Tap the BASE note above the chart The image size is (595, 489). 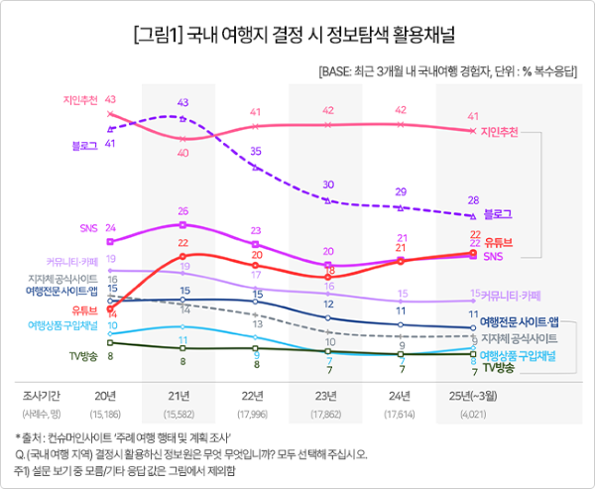coord(449,72)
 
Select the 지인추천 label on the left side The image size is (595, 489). coord(77,99)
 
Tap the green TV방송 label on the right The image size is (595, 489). coord(498,367)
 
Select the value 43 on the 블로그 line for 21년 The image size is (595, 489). coord(183,102)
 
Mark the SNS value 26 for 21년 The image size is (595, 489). coord(183,211)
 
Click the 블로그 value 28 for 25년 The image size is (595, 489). coord(474,199)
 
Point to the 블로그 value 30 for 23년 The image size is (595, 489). coord(329,185)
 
